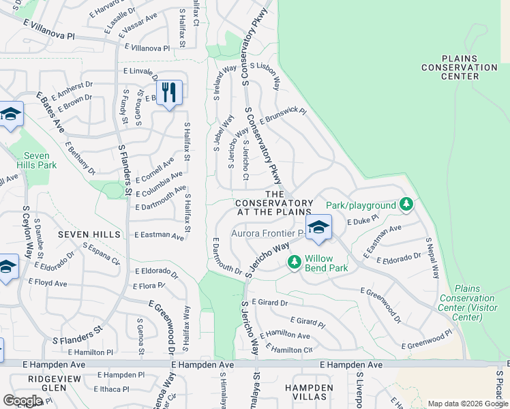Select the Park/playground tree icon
click(x=406, y=204)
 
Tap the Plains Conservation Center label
click(x=459, y=67)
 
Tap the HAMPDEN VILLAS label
click(x=309, y=393)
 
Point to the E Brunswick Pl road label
click(x=283, y=115)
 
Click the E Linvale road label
click(x=139, y=71)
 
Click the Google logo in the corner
click(x=22, y=401)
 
